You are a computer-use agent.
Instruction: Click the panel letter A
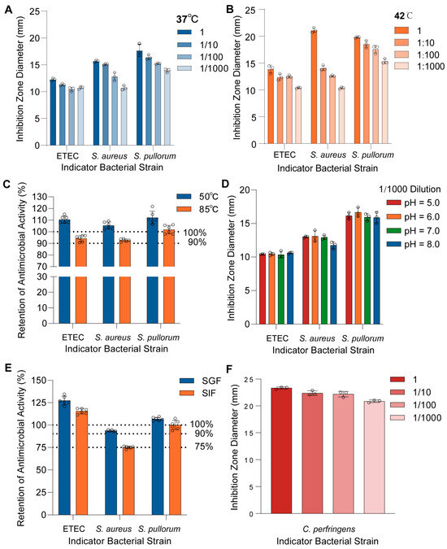pos(8,10)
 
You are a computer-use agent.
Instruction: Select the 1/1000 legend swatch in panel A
pos(184,68)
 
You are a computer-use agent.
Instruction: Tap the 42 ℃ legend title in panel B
pos(403,15)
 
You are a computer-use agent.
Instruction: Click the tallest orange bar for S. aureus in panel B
pos(314,87)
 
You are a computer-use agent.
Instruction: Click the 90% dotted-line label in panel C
pos(197,242)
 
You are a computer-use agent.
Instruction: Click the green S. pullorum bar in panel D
pos(367,271)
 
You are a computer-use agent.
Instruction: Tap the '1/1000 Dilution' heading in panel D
pos(410,190)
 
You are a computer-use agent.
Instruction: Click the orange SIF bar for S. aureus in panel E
pos(128,481)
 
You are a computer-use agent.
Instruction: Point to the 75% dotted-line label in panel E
pos(204,447)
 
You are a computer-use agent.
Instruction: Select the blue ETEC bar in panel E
pos(65,458)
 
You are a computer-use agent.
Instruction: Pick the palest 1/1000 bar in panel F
pos(374,458)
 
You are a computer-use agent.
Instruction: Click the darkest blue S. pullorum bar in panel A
pos(139,98)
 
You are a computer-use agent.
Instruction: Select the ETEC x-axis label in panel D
pos(277,338)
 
